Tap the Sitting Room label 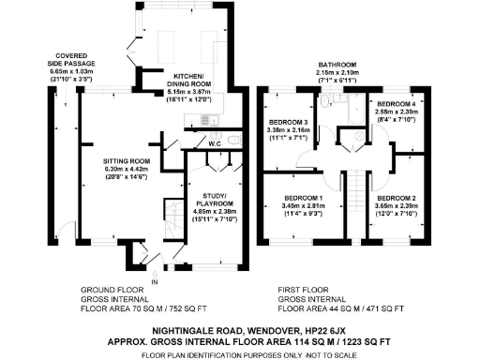coord(126,161)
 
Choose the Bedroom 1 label coord(303,199)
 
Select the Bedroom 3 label coord(289,124)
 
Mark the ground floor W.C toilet coord(234,141)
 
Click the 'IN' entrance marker coord(156,281)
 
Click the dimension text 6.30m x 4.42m coord(126,170)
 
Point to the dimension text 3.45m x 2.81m coord(303,207)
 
